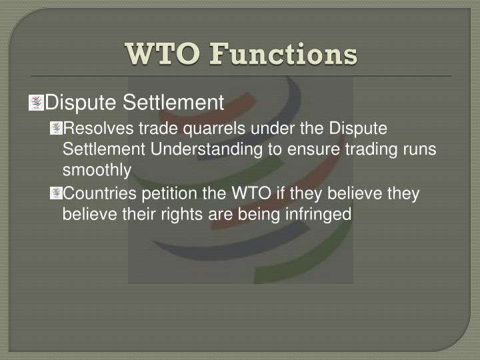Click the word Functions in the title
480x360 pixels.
(283, 54)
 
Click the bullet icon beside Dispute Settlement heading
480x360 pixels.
(36, 103)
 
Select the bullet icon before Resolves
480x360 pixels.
(55, 128)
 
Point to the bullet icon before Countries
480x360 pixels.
(55, 193)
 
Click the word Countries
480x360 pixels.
(95, 193)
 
